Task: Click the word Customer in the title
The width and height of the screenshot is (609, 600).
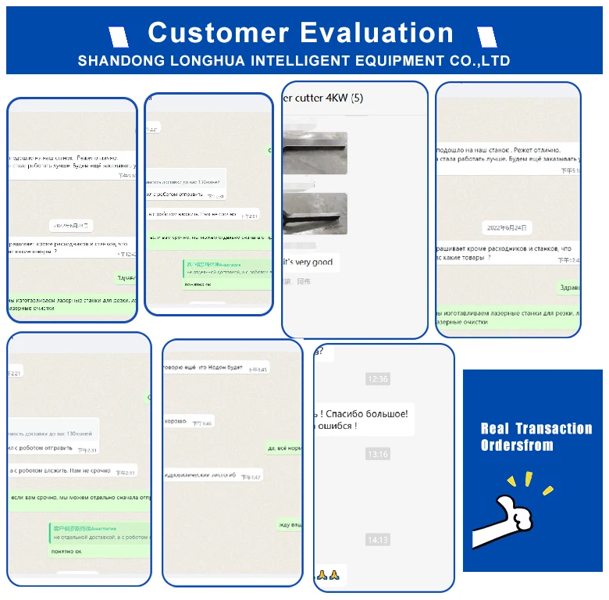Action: click(219, 33)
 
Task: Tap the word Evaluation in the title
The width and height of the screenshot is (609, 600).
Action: click(377, 33)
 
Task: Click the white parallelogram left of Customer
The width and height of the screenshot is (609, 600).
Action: click(119, 35)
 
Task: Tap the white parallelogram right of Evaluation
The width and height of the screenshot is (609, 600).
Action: click(486, 35)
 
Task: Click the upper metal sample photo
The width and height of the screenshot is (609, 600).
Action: click(315, 153)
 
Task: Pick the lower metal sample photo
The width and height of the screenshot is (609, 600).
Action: click(315, 213)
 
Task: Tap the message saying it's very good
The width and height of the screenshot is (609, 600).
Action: click(308, 262)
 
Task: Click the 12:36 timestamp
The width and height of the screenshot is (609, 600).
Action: click(377, 379)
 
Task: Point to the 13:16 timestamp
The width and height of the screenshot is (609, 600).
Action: click(377, 454)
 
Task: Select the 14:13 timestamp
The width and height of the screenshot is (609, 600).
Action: click(377, 540)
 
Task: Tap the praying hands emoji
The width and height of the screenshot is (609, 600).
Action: click(328, 575)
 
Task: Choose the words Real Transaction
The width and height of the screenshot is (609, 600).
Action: click(536, 428)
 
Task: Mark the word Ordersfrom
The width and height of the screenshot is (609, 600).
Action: click(517, 446)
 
